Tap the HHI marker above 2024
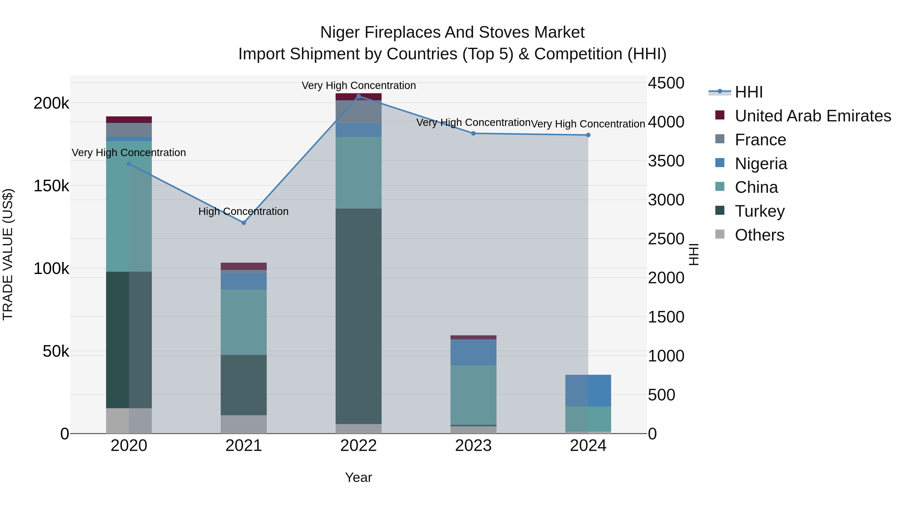pyautogui.click(x=588, y=135)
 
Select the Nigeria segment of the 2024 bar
pyautogui.click(x=588, y=390)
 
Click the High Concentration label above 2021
pyautogui.click(x=243, y=211)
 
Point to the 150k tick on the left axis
pyautogui.click(x=51, y=186)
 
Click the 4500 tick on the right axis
pyautogui.click(x=666, y=83)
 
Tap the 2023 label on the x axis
pyautogui.click(x=473, y=446)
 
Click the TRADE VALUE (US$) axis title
pyautogui.click(x=8, y=254)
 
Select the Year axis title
pyautogui.click(x=358, y=477)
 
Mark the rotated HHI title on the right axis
pyautogui.click(x=694, y=254)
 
